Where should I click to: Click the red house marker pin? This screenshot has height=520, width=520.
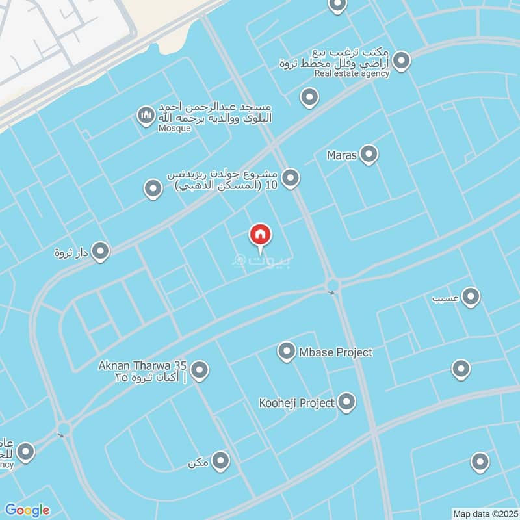[261, 235]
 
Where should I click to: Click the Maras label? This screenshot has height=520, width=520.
[343, 155]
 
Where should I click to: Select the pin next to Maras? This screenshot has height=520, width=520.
[369, 155]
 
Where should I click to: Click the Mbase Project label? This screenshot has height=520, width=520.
[335, 352]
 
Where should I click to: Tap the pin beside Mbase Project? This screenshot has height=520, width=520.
[286, 352]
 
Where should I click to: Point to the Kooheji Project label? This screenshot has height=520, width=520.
[296, 403]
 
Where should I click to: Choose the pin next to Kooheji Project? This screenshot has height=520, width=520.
[346, 402]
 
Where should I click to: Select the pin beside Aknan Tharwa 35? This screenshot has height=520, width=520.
[200, 370]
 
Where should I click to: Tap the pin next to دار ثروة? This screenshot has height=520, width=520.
[100, 251]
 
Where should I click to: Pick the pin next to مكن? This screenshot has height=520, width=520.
[221, 461]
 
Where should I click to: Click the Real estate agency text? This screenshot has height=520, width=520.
[352, 73]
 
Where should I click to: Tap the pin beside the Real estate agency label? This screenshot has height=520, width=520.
[402, 61]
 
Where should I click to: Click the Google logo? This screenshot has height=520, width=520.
[27, 510]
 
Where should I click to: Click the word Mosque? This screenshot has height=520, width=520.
[175, 128]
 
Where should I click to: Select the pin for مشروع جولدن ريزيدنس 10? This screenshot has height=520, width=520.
[291, 177]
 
